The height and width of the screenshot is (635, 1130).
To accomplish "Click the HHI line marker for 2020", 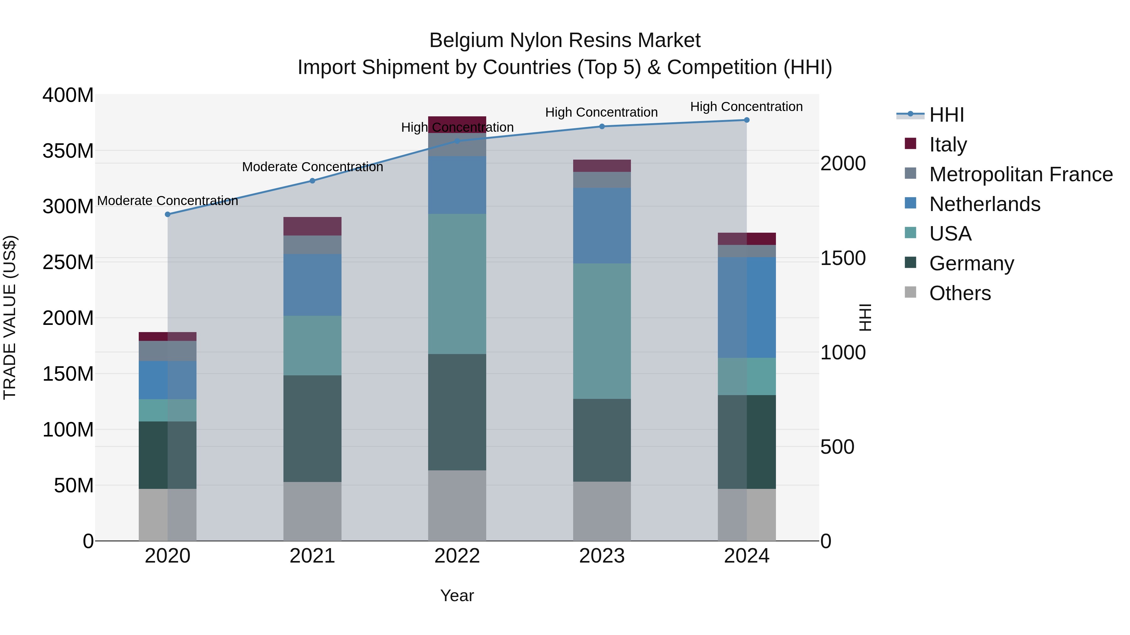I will (168, 214).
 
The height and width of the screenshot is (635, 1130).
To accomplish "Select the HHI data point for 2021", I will (312, 181).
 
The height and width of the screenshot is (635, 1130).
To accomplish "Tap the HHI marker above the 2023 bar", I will (602, 126).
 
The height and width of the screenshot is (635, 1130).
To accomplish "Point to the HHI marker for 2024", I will (747, 120).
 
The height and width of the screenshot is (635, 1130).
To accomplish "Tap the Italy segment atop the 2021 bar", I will (312, 226).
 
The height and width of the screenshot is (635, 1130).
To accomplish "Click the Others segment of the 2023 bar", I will (602, 511).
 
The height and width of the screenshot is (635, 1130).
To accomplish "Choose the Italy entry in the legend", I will (948, 144).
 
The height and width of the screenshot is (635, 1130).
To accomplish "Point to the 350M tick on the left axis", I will (68, 151).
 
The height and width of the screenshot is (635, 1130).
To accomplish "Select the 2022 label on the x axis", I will (457, 556).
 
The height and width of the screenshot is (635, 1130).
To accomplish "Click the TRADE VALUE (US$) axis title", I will (10, 317).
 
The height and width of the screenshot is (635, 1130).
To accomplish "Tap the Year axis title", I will (457, 595).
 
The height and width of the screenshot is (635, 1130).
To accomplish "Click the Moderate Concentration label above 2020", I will (168, 201).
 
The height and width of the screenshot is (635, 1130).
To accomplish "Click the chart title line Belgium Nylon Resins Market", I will (565, 40).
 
